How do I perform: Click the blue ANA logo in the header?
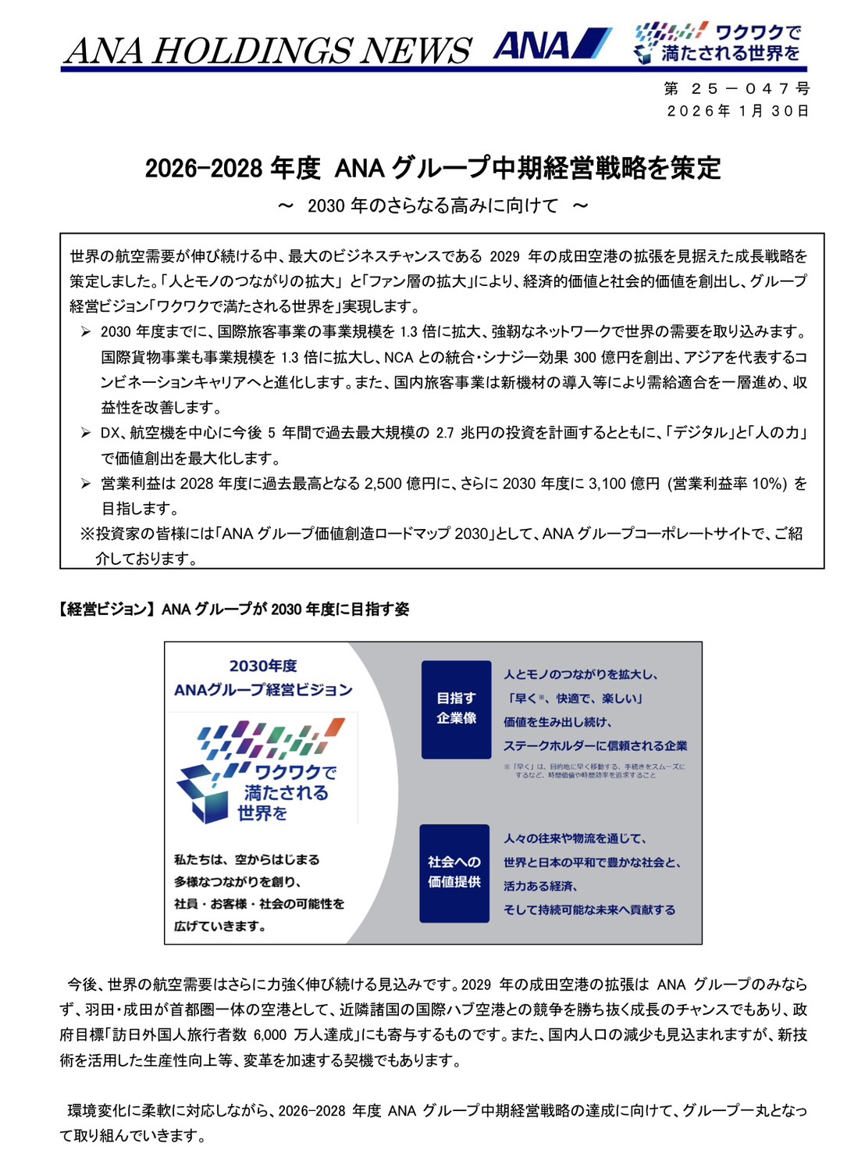click(551, 45)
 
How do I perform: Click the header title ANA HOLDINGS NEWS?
click(268, 51)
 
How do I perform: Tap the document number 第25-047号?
click(737, 89)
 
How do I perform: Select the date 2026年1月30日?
click(737, 111)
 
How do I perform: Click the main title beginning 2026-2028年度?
click(432, 168)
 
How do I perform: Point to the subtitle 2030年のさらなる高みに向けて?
click(432, 205)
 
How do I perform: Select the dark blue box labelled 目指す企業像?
click(456, 709)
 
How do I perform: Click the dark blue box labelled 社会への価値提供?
click(454, 873)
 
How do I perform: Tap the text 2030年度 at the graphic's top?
click(263, 666)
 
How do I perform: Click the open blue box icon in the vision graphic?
click(201, 791)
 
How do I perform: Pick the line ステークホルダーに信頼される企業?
click(595, 746)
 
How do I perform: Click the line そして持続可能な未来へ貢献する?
click(589, 910)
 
